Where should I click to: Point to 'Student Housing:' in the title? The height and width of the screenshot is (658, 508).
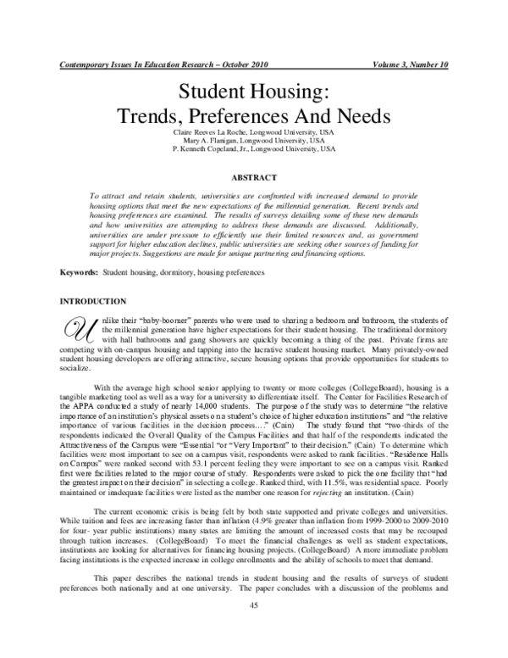click(254, 92)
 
